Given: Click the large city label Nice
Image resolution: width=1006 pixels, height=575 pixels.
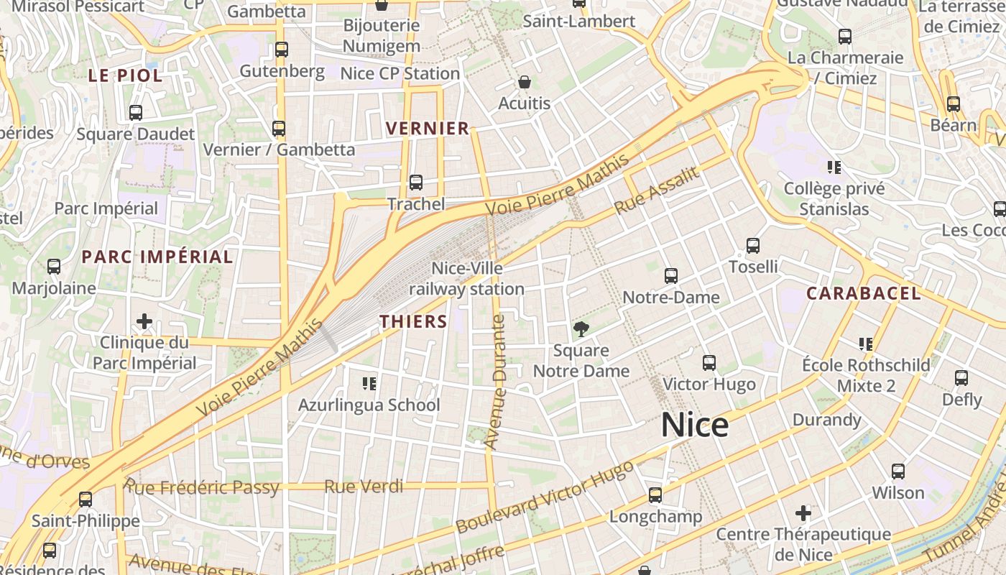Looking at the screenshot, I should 694,425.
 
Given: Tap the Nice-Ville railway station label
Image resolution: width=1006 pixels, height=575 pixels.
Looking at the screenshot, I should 467,279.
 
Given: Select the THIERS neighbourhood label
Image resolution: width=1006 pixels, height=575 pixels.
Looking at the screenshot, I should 414,321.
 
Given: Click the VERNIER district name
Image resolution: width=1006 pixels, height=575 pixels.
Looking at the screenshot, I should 428,129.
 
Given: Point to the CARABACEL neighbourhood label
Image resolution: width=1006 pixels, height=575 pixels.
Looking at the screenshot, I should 863,293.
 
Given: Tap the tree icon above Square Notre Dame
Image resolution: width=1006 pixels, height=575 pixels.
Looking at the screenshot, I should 581,329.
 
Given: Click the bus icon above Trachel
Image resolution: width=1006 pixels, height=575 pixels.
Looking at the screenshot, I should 416,183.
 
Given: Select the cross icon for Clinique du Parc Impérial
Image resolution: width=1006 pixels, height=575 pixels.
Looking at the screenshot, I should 144,321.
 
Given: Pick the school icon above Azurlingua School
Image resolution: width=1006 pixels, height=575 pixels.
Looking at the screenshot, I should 369,383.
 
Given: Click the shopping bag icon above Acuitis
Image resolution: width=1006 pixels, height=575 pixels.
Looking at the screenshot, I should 525,82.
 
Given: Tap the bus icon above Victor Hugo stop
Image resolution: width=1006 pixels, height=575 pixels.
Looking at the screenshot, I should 709,363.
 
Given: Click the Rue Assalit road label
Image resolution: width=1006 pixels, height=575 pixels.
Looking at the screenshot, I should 656,190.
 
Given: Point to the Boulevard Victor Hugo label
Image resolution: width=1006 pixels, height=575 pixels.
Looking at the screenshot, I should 545,497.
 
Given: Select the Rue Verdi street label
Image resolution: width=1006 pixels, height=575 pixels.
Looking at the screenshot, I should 363,487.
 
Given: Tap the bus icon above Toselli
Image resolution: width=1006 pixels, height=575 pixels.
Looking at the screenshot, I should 753,246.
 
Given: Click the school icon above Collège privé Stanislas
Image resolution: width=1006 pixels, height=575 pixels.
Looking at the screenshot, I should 834,168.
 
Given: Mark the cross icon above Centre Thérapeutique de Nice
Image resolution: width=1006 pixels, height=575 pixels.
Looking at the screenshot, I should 803,513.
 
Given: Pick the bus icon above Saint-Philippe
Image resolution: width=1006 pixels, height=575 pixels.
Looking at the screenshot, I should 86,499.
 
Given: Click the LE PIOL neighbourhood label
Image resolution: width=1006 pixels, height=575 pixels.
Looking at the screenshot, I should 125,75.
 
